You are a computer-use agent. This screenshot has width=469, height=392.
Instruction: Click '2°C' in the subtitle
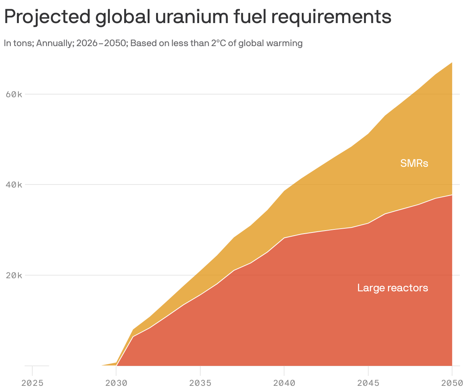pos(218,43)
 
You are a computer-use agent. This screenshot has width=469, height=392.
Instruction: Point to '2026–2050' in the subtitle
pos(101,43)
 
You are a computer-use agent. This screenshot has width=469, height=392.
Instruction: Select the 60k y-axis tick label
pos(14,94)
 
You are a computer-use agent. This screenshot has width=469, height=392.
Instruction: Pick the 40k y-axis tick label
pos(14,185)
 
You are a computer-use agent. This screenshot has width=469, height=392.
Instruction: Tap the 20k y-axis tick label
pos(14,276)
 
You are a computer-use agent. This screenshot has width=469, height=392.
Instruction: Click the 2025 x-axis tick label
pos(32,383)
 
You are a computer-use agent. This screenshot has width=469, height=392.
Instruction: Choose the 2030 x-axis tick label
pos(116,383)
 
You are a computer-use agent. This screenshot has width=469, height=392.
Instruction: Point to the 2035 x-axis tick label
pos(200,383)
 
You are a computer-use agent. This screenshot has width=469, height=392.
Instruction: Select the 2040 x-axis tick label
pos(284,383)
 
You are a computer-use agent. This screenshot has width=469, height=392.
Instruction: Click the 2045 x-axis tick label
pos(368,383)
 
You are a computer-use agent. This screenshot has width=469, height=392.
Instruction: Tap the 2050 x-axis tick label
pos(451,383)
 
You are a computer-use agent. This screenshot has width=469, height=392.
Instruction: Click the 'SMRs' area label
pos(414,163)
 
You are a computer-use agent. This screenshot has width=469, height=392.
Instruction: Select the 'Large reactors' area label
pos(392,288)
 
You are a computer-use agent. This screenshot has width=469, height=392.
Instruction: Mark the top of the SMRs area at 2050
pos(452,62)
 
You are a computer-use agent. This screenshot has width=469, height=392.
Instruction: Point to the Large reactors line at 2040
pos(284,238)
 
